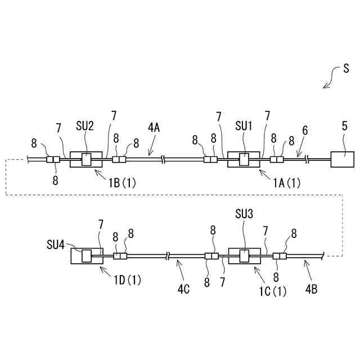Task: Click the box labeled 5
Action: (342, 159)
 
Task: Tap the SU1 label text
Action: (243, 126)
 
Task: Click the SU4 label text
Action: (56, 245)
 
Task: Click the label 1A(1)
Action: (287, 182)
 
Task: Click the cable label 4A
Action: (154, 128)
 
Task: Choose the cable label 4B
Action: (311, 290)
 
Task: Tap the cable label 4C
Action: (183, 290)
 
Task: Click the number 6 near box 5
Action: (305, 130)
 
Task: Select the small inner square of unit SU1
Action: (244, 160)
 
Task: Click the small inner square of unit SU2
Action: (87, 160)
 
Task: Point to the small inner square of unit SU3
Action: (244, 256)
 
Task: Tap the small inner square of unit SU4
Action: (87, 256)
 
